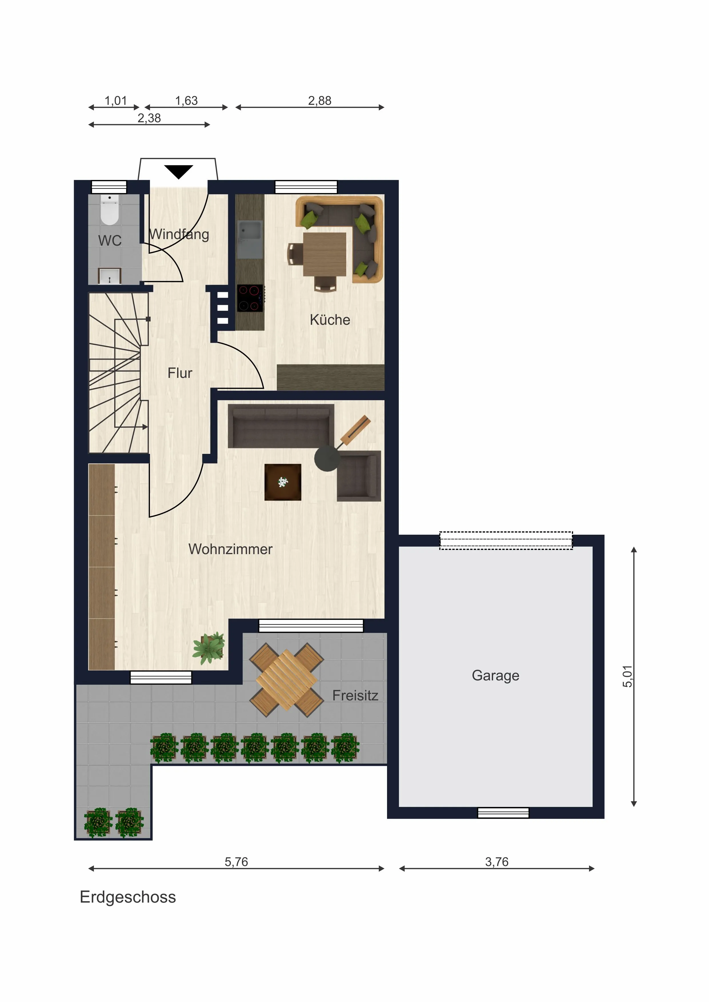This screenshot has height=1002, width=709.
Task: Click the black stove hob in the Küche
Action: point(250,298)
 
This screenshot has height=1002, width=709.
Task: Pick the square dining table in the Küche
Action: point(325,254)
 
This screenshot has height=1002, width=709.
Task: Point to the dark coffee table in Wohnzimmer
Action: point(283,482)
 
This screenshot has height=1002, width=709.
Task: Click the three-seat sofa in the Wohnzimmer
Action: point(281,426)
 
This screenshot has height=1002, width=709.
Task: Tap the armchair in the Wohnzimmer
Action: point(358,476)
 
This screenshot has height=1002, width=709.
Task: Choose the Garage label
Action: point(496,676)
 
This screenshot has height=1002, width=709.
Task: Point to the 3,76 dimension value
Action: point(497,862)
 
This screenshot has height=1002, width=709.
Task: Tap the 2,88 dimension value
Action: point(320,101)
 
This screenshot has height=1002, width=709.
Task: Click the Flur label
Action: point(180,373)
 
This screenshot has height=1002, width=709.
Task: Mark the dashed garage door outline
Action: point(506,540)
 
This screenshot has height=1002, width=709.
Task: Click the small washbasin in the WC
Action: point(109,276)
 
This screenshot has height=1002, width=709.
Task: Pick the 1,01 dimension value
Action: point(116,101)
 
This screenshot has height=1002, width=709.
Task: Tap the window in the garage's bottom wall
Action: point(503,813)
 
